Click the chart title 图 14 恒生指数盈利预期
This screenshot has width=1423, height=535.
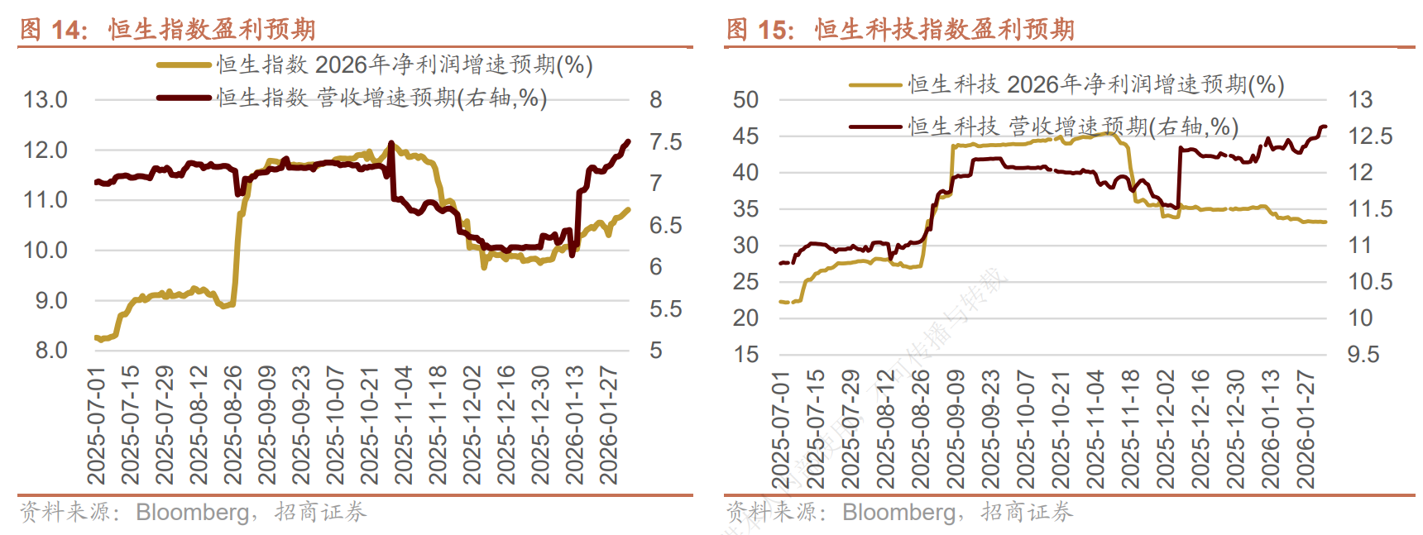coord(167,30)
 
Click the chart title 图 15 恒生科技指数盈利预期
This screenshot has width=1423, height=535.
coord(900,30)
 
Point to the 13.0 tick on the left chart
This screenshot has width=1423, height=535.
coord(46,100)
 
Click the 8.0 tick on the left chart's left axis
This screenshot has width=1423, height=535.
coord(51,351)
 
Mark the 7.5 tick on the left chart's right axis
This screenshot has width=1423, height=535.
coord(665,142)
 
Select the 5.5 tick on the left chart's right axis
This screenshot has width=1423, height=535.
coord(665,309)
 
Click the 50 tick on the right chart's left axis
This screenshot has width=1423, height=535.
coord(745,100)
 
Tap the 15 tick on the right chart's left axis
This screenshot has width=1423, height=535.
coord(745,355)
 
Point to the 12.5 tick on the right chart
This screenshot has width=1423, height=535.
coord(1370,136)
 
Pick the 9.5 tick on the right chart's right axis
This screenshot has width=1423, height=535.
coord(1363,355)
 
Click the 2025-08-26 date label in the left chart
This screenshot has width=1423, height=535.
coord(233,425)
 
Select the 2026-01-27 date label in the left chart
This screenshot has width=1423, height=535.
coord(609,425)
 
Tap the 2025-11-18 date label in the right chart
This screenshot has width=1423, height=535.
coord(1130,429)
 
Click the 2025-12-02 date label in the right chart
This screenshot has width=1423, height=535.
coord(1165,429)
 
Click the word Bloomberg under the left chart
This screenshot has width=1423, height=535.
coord(193,513)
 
